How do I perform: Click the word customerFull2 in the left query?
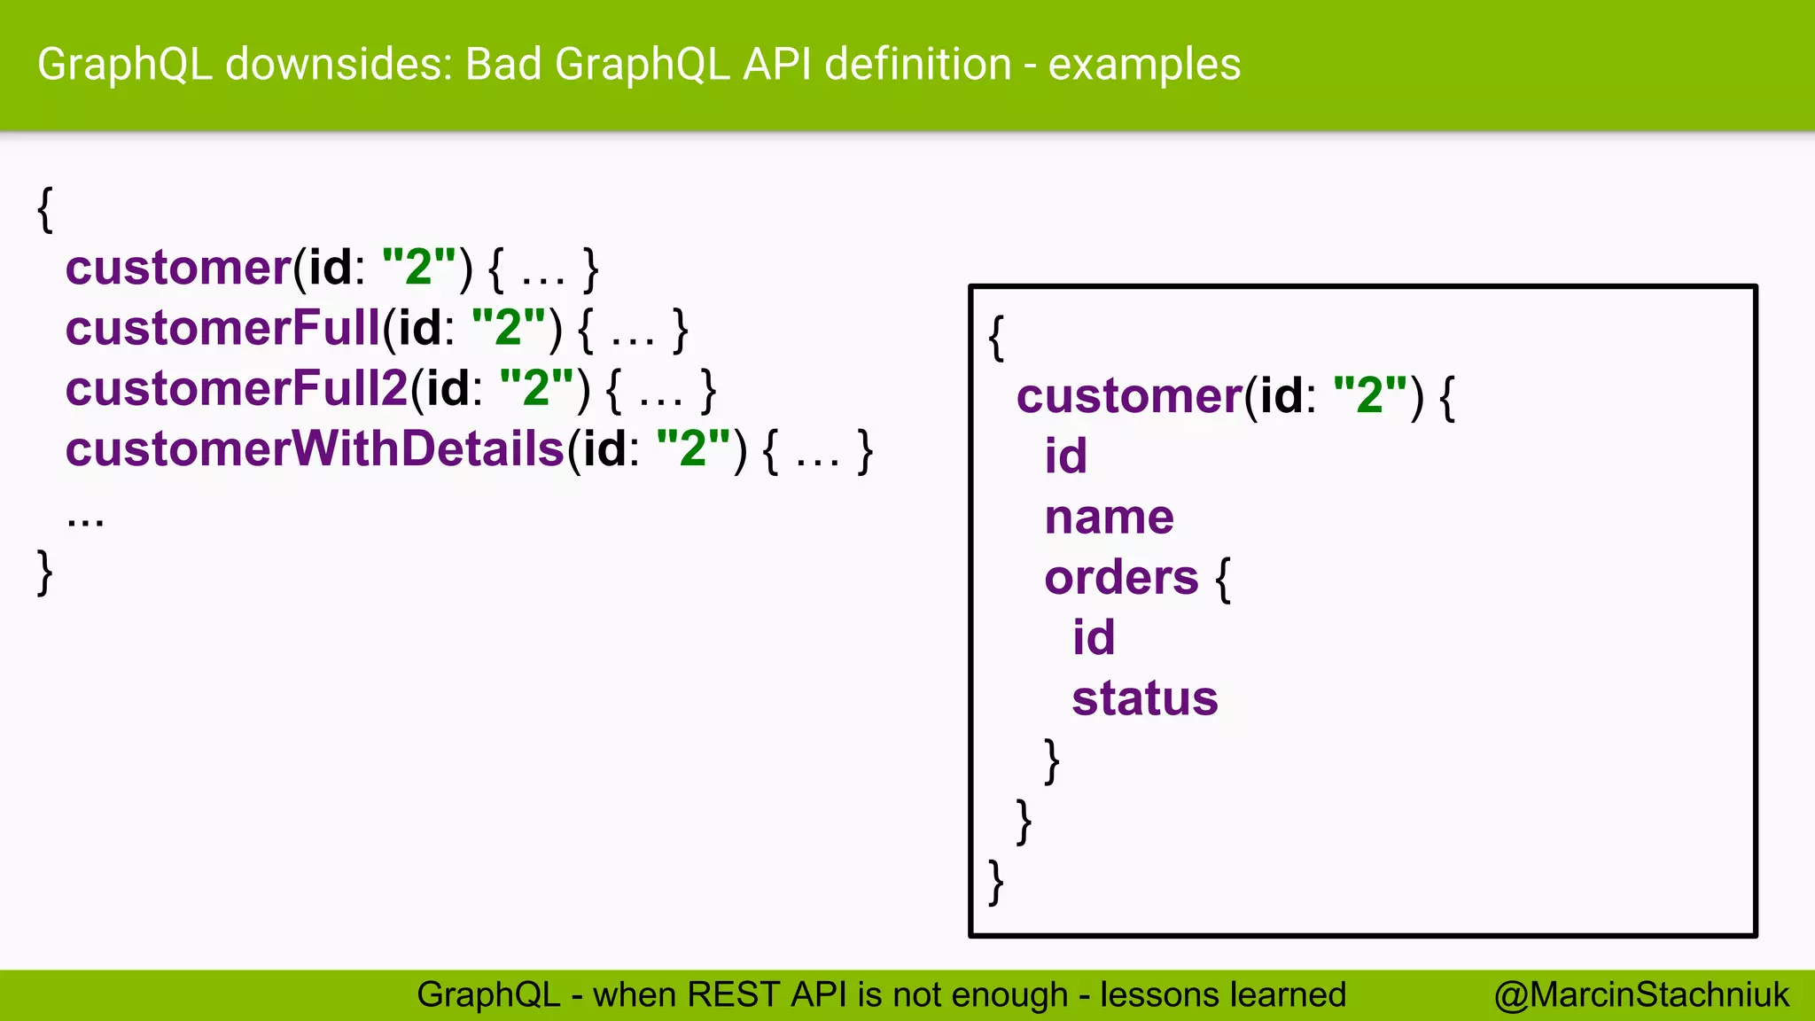(237, 389)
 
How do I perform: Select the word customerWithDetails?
(315, 449)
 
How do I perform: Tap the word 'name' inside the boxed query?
(1109, 518)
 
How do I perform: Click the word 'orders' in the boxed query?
(1121, 578)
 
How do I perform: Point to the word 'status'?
(1145, 698)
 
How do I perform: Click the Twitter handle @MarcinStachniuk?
(1641, 994)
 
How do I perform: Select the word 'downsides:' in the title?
(339, 65)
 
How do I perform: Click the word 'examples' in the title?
(1144, 65)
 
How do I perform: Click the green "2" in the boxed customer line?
(1369, 395)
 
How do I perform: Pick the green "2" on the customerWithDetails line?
(693, 448)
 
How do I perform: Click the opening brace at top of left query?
(45, 209)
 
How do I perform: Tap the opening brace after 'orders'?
(1223, 580)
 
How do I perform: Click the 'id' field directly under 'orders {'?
(1094, 638)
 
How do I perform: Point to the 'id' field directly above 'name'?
(1065, 456)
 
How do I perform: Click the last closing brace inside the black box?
(996, 882)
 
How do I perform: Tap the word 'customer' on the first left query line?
(178, 268)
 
